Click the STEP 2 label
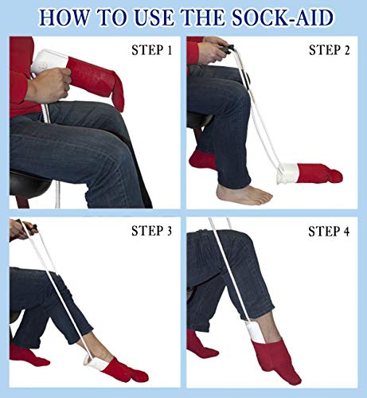pyautogui.click(x=330, y=51)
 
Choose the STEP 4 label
pyautogui.click(x=330, y=232)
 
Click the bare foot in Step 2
pyautogui.click(x=243, y=193)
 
